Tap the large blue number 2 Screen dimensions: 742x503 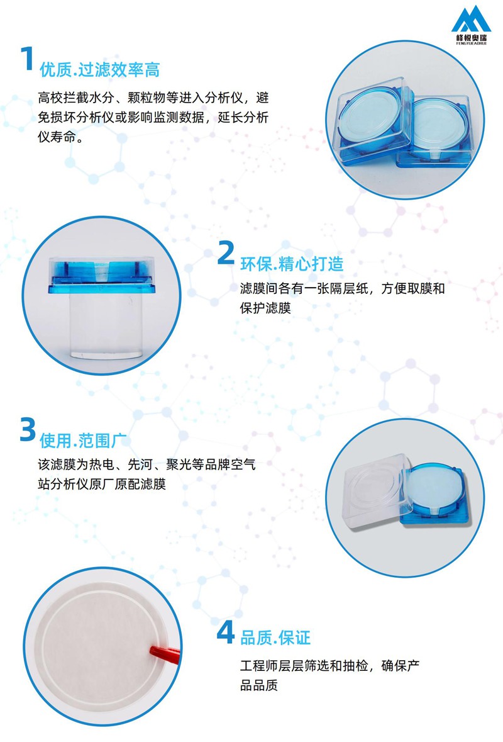point(226,254)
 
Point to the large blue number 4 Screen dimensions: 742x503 point(225,632)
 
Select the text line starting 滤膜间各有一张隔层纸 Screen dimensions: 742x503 point(342,289)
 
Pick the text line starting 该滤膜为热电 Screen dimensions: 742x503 point(147,466)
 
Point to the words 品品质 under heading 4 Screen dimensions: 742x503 point(259,685)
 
